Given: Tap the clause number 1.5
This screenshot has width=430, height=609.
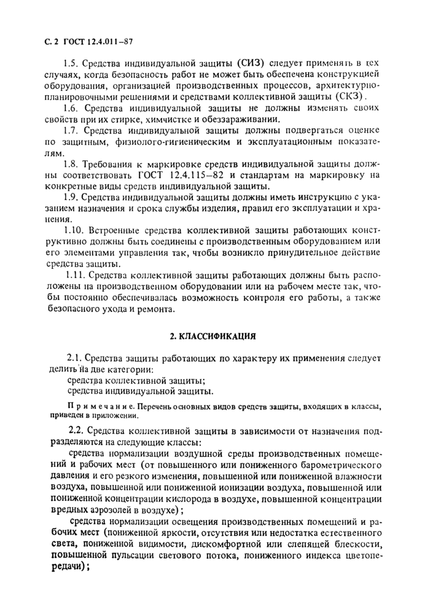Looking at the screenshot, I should [x=72, y=63].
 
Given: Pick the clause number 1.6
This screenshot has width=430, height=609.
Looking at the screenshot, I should [x=72, y=109].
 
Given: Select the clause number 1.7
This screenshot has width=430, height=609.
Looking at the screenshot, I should [x=72, y=131].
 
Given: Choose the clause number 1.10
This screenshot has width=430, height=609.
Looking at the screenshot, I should [x=75, y=231].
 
